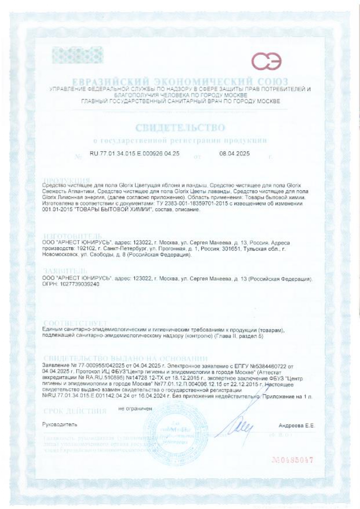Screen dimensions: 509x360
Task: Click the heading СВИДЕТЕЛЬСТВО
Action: pos(180,128)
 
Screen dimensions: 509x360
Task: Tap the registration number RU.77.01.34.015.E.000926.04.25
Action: pos(134,154)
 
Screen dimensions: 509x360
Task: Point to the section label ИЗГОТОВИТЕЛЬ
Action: pos(72,236)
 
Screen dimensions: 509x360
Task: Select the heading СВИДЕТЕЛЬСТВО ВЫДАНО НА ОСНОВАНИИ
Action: pos(125,358)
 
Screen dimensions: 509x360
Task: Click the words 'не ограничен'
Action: pos(135,409)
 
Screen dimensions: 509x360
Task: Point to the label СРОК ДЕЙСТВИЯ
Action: pos(75,412)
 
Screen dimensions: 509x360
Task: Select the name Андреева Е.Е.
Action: pos(296,426)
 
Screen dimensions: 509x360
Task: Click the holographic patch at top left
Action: pos(78,55)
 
